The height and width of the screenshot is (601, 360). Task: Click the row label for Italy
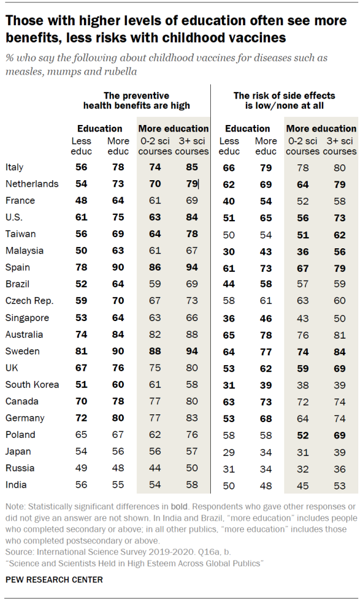[x=14, y=167]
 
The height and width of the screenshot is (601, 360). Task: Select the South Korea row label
[x=31, y=384]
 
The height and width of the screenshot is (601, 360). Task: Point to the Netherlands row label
[x=32, y=184]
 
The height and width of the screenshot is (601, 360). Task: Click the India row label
[x=15, y=485]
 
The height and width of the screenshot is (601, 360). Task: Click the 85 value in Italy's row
[x=193, y=167]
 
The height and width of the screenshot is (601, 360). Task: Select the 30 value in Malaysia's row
[x=229, y=251]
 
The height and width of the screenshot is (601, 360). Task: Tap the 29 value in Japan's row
[x=229, y=451]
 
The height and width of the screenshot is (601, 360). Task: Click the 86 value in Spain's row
[x=155, y=268]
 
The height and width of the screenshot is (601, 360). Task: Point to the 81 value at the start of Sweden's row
[x=81, y=351]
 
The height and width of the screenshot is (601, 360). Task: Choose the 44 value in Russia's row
[x=155, y=468]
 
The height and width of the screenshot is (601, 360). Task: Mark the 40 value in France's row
[x=229, y=201]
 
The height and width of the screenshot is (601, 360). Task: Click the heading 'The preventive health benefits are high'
[x=136, y=100]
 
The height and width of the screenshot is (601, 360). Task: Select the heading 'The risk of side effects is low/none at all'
[x=284, y=100]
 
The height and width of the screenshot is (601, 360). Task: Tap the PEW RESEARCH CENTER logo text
[x=55, y=579]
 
